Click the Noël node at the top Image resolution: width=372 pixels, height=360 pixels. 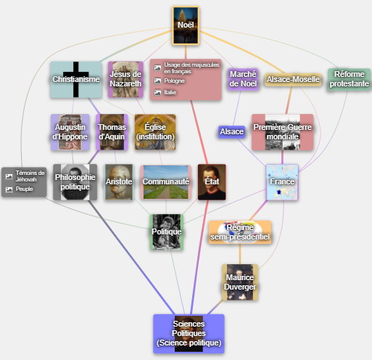pos(186,25)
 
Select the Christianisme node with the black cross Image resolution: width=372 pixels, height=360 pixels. pos(76,79)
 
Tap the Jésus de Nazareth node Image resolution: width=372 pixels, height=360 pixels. pos(125,79)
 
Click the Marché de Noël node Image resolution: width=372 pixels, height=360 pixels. pos(243,79)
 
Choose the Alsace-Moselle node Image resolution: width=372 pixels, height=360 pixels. pos(293,79)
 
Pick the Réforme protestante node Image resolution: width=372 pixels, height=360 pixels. pos(350,79)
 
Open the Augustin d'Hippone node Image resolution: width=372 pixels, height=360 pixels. pos(70,132)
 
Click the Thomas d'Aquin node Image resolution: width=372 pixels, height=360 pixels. pos(112,132)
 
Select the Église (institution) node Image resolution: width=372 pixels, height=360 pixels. pos(155,132)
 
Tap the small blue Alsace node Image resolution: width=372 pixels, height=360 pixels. pos(231,131)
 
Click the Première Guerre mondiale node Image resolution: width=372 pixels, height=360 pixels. pos(282,132)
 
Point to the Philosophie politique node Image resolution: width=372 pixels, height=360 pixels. pos(75,182)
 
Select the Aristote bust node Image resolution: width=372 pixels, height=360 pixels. pos(119,182)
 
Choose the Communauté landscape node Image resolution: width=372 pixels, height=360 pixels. pos(165,182)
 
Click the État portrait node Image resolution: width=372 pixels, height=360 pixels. pos(212,182)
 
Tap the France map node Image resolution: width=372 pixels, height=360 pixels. pos(282,182)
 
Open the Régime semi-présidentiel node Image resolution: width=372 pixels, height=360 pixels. pos(240,232)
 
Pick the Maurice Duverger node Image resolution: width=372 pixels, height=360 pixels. pos(240,282)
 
